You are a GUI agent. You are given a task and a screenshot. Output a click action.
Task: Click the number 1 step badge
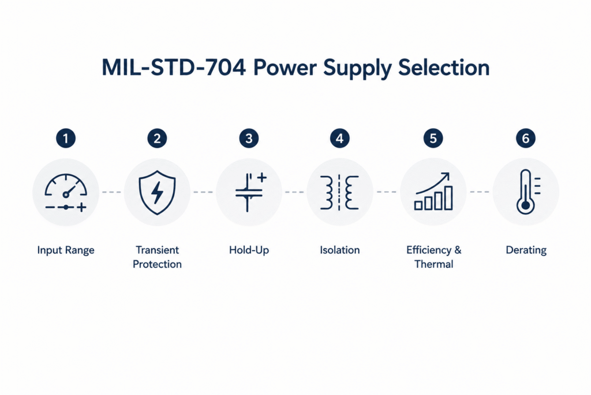66,138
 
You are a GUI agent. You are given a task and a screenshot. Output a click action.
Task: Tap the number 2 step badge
157,138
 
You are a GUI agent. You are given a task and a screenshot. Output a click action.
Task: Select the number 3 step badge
249,138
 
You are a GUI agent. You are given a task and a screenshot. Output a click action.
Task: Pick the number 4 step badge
339,138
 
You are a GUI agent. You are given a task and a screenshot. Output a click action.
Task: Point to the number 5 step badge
433,138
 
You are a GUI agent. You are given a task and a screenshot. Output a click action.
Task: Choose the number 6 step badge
526,138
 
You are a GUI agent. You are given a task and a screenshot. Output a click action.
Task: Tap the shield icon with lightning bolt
157,193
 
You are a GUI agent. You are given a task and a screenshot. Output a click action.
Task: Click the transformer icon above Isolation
339,192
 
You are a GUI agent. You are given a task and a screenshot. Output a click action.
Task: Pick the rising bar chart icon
433,191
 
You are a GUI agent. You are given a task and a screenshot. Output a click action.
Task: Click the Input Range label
66,250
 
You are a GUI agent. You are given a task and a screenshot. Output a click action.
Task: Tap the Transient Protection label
157,257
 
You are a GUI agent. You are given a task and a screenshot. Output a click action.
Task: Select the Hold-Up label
249,250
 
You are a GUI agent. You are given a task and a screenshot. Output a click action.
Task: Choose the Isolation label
339,250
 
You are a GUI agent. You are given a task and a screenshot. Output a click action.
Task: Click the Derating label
526,250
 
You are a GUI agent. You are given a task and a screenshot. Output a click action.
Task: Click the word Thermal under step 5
434,264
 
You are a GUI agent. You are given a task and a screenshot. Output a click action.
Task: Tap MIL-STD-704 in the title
174,68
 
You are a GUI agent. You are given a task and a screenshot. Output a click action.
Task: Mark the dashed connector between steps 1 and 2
111,192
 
